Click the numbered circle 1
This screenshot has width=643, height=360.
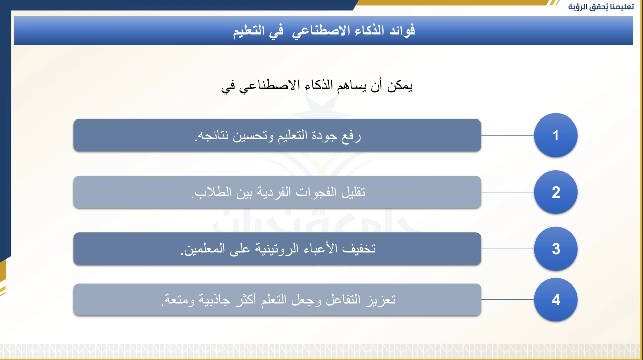coord(556,135)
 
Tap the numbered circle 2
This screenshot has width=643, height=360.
coord(556,192)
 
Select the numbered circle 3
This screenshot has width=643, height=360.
coord(556,249)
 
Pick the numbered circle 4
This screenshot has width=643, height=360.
coord(556,299)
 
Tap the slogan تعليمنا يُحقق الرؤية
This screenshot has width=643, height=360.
coord(601,7)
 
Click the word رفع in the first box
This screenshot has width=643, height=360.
coord(351,135)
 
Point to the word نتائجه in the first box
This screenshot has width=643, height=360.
coord(212,135)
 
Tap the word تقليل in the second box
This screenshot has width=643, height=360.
coord(353,192)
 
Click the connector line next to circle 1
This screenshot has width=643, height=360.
coord(507,135)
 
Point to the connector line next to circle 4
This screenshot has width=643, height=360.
coord(507,299)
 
